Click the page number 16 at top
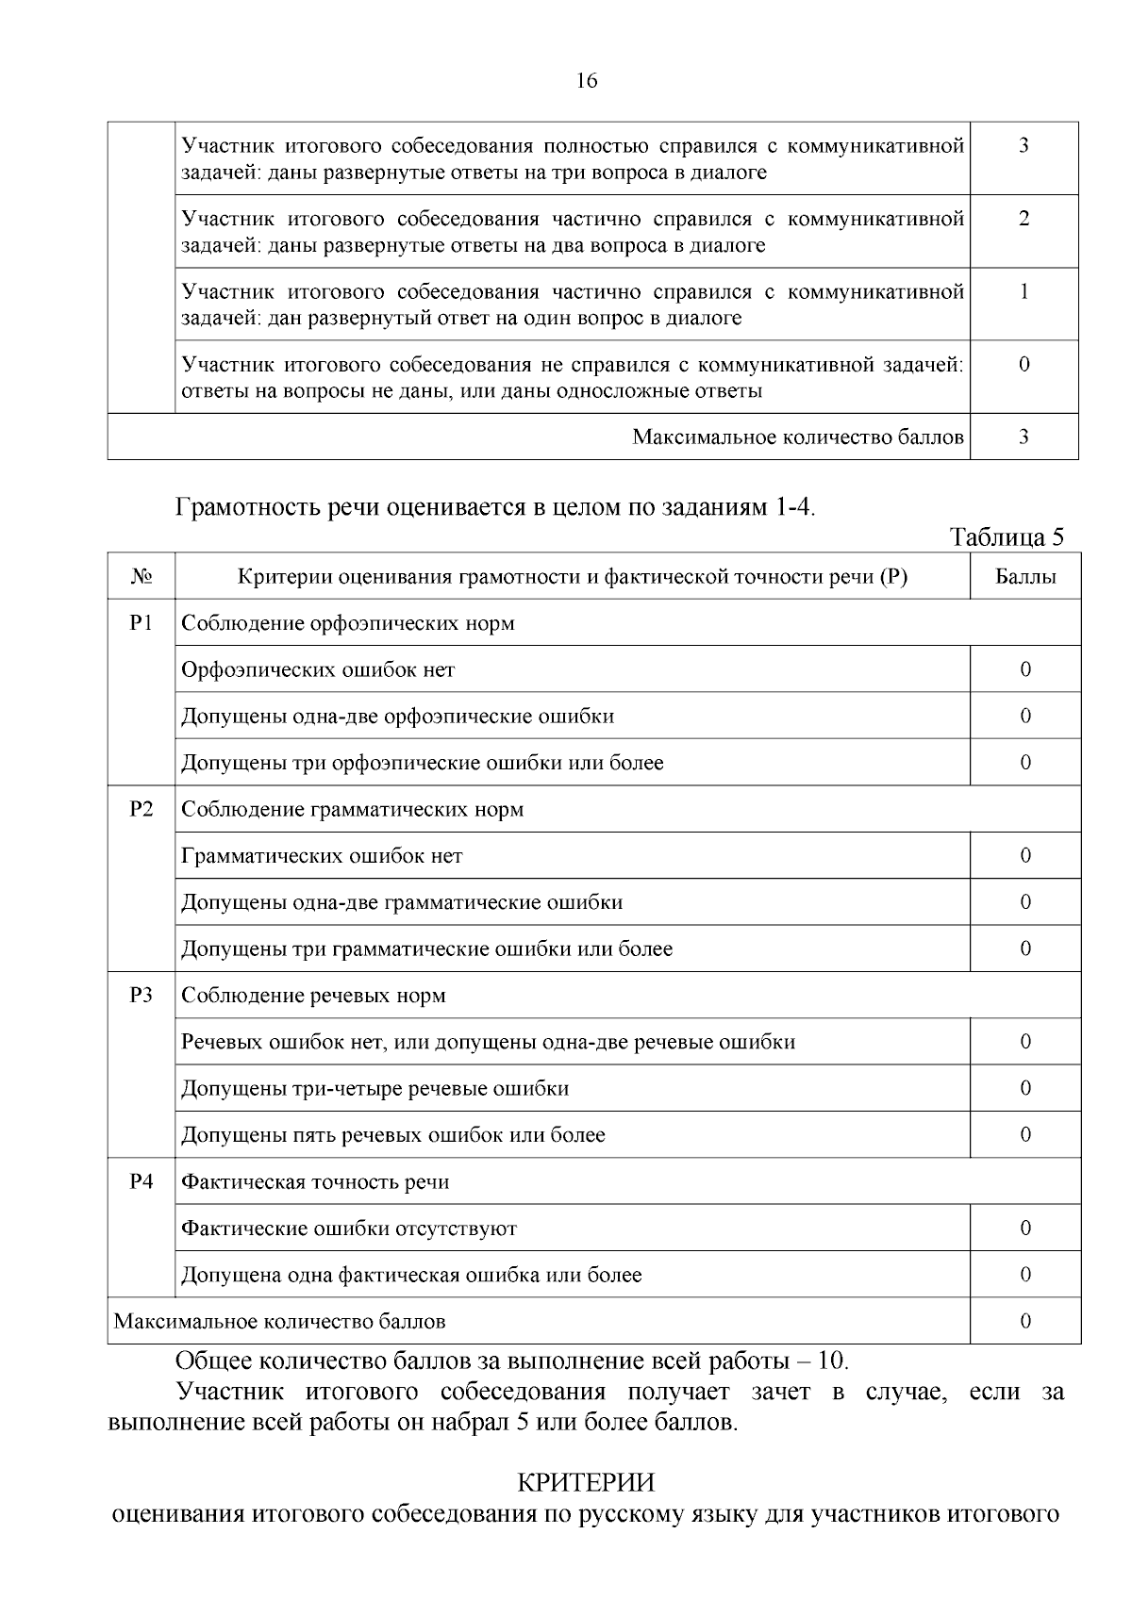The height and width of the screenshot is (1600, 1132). point(586,81)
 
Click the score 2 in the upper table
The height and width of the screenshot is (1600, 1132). point(1024,219)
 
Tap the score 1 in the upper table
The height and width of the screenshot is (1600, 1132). point(1024,291)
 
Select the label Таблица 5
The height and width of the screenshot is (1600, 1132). point(1007,536)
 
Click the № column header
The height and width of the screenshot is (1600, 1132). point(141,577)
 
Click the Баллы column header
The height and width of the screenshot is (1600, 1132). point(1025,577)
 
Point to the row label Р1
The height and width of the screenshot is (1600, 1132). point(141,623)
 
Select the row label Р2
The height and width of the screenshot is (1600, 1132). point(141,810)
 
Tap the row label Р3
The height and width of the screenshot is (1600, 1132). point(141,996)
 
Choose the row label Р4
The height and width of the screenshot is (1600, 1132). point(141,1182)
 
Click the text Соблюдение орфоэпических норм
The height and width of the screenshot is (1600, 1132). point(348,623)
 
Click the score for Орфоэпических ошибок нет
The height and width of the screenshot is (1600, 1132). point(1025,669)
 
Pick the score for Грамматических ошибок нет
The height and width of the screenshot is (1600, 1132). point(1025,856)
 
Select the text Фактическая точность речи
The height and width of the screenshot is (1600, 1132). point(315,1182)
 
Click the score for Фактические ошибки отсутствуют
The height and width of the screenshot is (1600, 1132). point(1025,1229)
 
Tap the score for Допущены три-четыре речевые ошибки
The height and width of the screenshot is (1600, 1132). point(1025,1089)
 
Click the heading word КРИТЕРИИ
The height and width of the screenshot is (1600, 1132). point(586,1483)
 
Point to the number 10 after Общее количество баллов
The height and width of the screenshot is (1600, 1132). point(833,1361)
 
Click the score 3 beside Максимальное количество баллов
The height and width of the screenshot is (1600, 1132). point(1024,437)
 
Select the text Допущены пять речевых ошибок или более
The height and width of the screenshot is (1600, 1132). point(393,1135)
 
